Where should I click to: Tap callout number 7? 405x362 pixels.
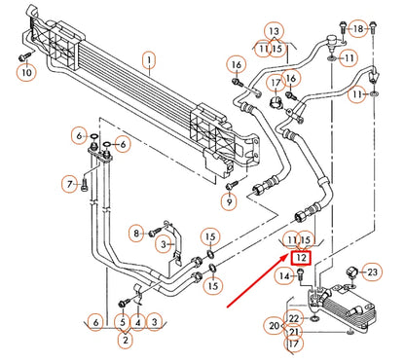click(70, 183)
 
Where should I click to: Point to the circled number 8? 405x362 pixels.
click(137, 232)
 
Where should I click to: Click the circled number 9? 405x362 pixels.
click(229, 201)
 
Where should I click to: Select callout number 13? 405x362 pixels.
click(274, 31)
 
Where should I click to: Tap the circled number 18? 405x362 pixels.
click(358, 29)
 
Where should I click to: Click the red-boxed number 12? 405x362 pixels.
click(302, 258)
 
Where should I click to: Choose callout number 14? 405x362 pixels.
click(283, 277)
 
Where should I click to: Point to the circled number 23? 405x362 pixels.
click(370, 271)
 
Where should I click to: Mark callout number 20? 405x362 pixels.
click(275, 325)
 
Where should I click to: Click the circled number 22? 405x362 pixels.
click(294, 318)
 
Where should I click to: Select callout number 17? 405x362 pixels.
click(293, 343)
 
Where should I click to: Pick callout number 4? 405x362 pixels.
click(139, 321)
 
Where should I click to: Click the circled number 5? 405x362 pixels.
click(122, 321)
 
